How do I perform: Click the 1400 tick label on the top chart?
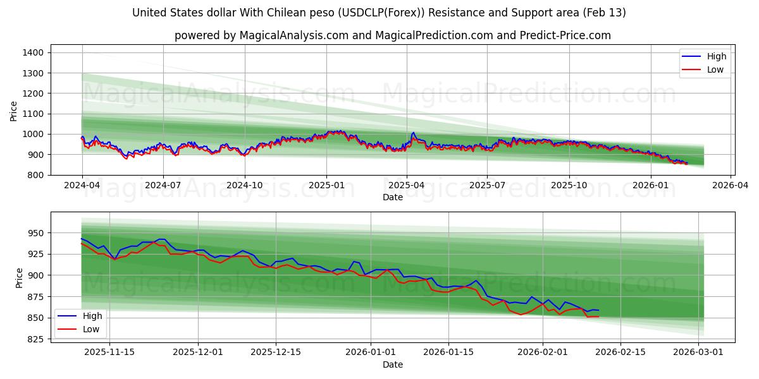(x=33, y=52)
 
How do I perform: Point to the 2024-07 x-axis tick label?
(x=163, y=186)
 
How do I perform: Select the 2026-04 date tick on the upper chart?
(x=731, y=186)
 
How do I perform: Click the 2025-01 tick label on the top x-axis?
(x=326, y=186)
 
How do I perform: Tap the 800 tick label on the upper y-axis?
(x=35, y=175)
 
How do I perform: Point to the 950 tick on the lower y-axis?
(x=35, y=233)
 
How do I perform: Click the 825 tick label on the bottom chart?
(x=35, y=339)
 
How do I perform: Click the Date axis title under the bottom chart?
(x=392, y=364)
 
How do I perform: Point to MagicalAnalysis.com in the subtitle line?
(x=294, y=35)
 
